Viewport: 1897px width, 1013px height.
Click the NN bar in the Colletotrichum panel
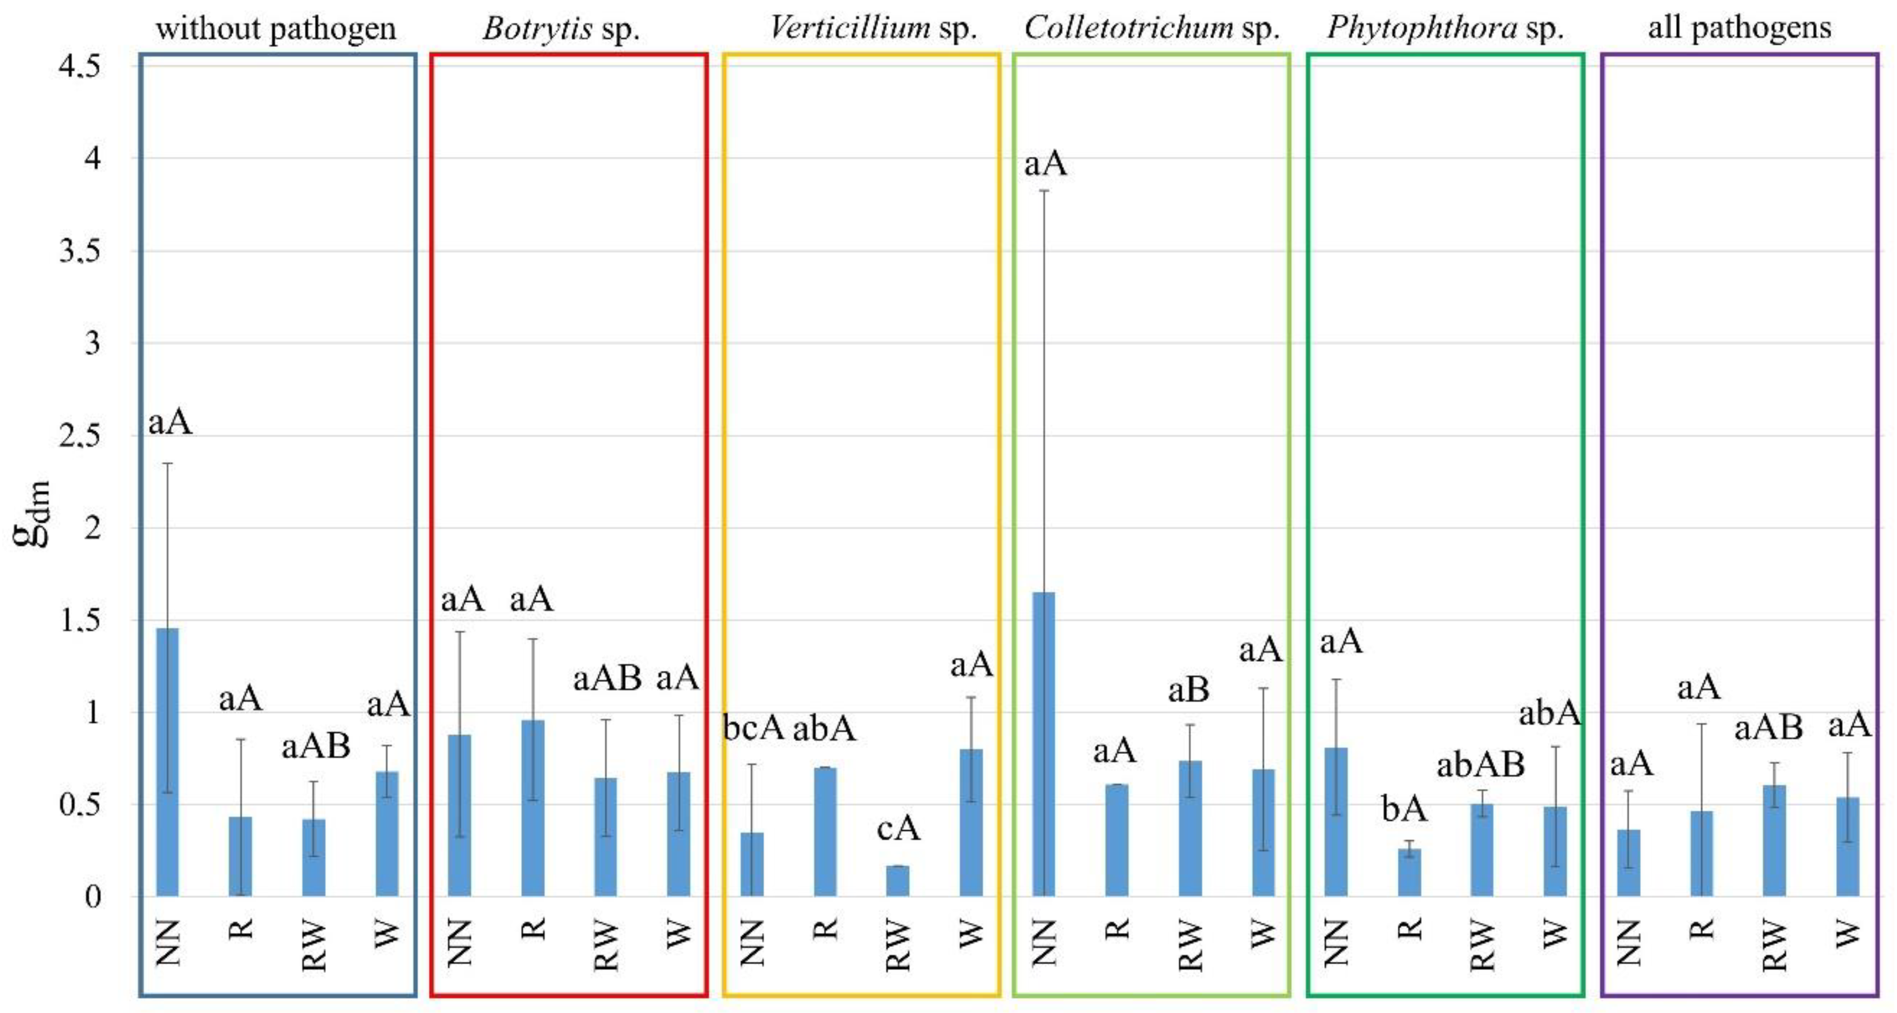coord(1044,743)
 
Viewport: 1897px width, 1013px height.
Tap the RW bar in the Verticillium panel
coord(898,881)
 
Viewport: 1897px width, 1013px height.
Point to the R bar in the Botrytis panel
coord(533,807)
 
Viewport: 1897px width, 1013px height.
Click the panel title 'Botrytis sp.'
coord(561,28)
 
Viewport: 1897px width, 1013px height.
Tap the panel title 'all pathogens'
coord(1739,28)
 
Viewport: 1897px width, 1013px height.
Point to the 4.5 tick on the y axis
coord(80,66)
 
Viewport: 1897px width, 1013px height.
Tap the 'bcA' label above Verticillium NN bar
coord(753,727)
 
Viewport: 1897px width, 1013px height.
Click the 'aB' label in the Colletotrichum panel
coord(1188,690)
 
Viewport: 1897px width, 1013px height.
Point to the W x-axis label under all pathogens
coord(1847,934)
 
